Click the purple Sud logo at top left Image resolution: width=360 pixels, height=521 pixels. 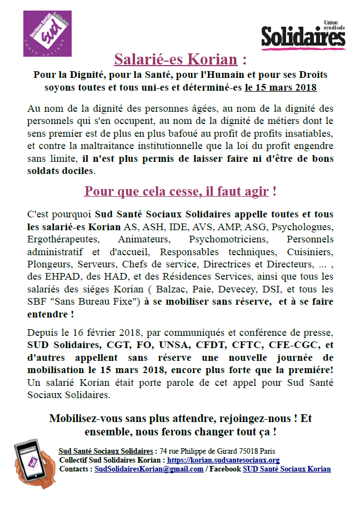pyautogui.click(x=47, y=33)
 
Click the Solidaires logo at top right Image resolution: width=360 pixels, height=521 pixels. pyautogui.click(x=303, y=35)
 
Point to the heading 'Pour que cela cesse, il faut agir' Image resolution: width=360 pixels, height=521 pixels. pyautogui.click(x=176, y=192)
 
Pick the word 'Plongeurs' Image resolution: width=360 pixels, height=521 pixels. pyautogui.click(x=48, y=264)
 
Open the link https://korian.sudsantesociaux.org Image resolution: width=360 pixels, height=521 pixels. pyautogui.click(x=223, y=460)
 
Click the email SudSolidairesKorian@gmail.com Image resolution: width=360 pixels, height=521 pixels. pyautogui.click(x=149, y=469)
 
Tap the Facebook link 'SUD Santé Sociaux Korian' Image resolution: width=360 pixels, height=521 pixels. pyautogui.click(x=287, y=469)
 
